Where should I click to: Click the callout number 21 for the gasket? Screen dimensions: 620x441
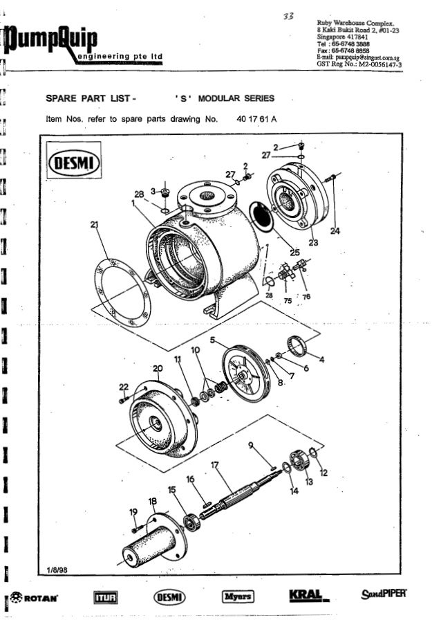coord(95,224)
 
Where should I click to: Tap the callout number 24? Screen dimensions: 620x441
coord(335,231)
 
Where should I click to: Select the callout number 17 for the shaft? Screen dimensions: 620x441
coord(214,466)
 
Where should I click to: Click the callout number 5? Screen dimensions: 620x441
coord(212,340)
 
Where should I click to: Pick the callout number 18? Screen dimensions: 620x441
coord(152,500)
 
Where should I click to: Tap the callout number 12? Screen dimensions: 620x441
coord(323,473)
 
